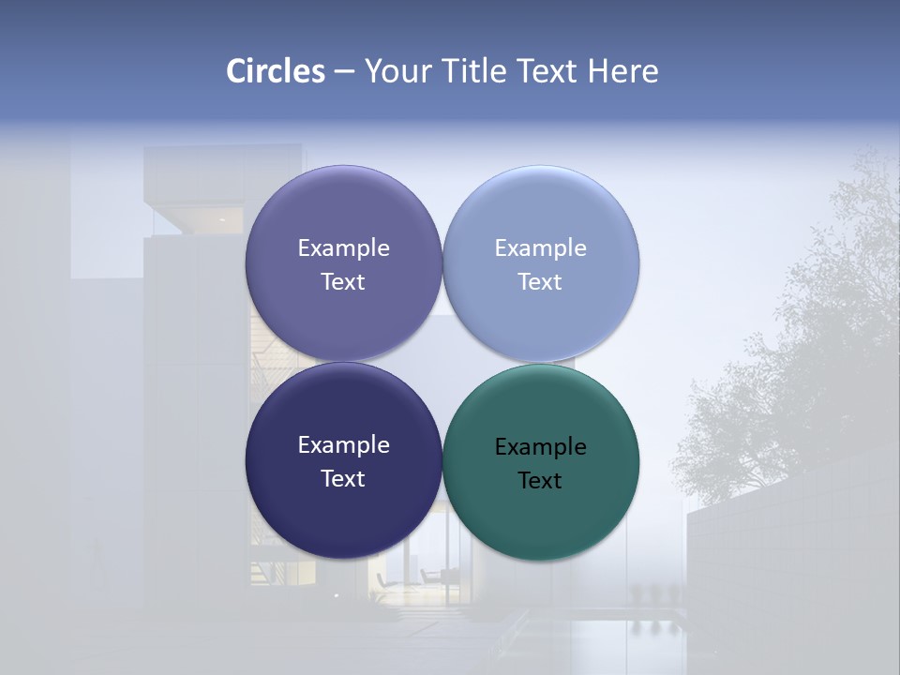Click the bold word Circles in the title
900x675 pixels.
point(275,71)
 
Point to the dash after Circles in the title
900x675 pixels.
point(344,71)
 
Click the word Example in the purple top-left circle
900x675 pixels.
point(343,248)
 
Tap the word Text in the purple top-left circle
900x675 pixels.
point(343,282)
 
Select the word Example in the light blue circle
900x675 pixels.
point(540,248)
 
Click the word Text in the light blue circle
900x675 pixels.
point(540,282)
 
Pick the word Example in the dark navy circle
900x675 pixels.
point(343,445)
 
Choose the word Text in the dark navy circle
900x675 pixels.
point(343,479)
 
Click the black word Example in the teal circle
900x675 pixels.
point(540,447)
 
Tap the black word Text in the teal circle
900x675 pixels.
point(540,481)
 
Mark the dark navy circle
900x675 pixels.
point(343,520)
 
